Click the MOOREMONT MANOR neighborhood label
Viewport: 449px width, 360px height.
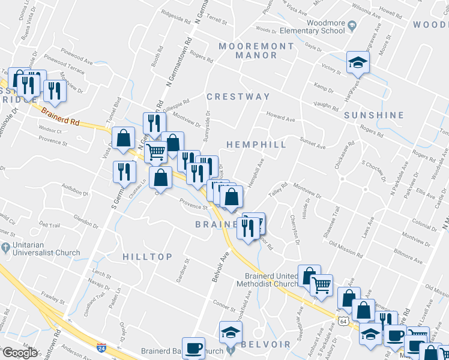pos(256,50)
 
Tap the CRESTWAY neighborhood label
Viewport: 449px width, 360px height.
pos(238,97)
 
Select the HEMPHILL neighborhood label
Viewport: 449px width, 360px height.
pos(256,145)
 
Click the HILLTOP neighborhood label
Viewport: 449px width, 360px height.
pos(147,256)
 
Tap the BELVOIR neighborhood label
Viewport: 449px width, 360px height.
pos(266,344)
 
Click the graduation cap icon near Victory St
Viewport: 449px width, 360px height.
pos(358,62)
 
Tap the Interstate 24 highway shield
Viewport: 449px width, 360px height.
pos(101,347)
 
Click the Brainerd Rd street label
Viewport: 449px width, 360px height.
pos(61,115)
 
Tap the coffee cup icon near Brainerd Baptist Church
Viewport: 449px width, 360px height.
pos(193,348)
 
